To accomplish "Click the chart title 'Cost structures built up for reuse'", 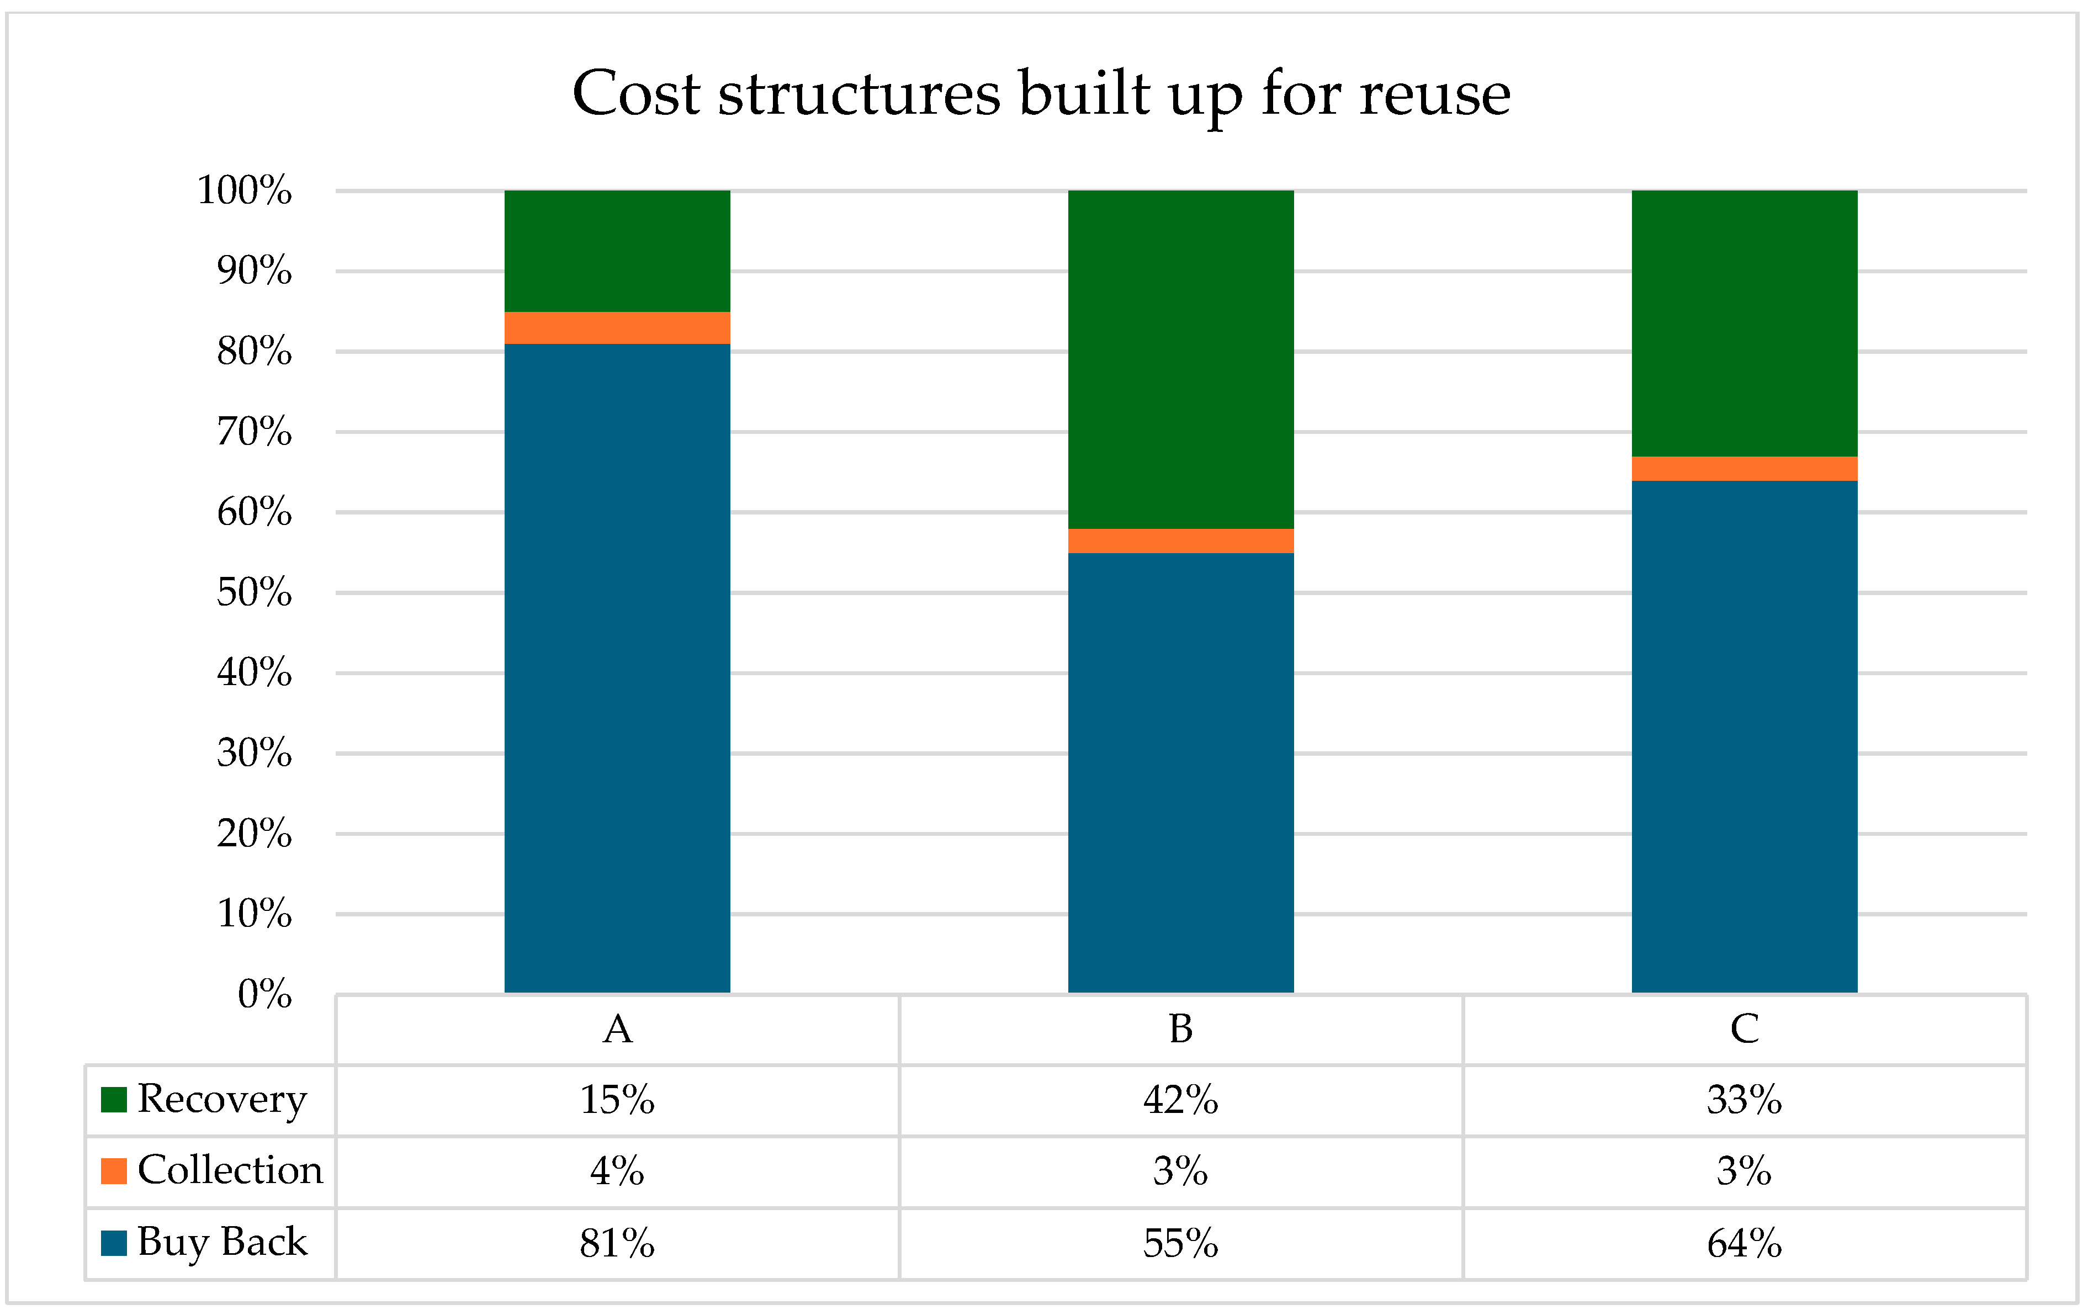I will (x=1041, y=94).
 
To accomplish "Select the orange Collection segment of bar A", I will (x=617, y=328).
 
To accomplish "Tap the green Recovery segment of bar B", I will (x=1180, y=359).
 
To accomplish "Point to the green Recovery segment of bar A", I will (x=617, y=251).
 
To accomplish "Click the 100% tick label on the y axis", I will (x=245, y=190).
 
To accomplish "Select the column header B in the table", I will (x=1180, y=1030).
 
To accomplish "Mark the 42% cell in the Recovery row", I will (x=1180, y=1101).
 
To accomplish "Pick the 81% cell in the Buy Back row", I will (x=617, y=1244).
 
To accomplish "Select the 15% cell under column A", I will (x=617, y=1101).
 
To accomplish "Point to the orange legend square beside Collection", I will (x=114, y=1171).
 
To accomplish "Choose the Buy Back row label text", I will (x=222, y=1242).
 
